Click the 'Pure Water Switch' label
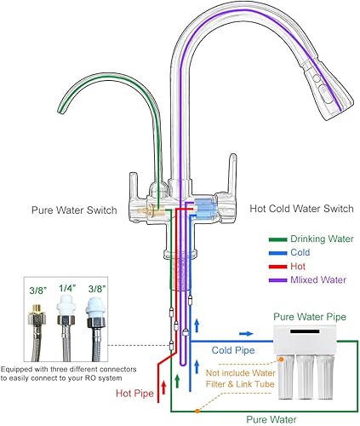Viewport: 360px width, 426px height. (74, 208)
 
